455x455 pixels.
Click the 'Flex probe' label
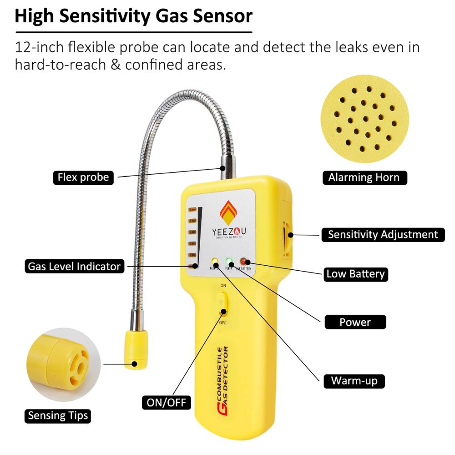coord(83,177)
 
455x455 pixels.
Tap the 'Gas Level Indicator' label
coord(74,266)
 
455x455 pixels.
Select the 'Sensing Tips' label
coord(58,415)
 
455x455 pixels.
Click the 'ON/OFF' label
coord(166,402)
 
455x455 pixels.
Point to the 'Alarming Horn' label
coord(363,177)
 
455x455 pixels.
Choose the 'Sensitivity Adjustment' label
coord(383,234)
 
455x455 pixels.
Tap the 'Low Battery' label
coord(355,274)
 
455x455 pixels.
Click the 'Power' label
coord(355,322)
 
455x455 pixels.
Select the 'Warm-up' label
coord(354,380)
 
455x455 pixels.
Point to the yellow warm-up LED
coord(214,262)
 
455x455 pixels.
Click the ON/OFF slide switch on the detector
coord(222,303)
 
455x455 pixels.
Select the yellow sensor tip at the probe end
coord(136,349)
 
